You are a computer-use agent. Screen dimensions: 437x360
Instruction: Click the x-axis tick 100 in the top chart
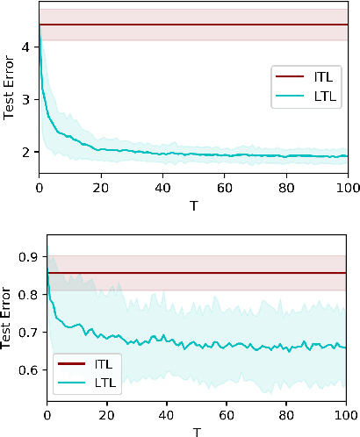pyautogui.click(x=348, y=187)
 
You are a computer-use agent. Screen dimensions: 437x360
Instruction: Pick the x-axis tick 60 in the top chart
pyautogui.click(x=225, y=187)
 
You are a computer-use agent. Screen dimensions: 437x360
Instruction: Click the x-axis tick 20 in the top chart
pyautogui.click(x=102, y=187)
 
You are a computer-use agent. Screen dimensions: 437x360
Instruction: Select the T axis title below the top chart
pyautogui.click(x=193, y=204)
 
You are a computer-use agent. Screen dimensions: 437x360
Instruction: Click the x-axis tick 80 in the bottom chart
pyautogui.click(x=288, y=413)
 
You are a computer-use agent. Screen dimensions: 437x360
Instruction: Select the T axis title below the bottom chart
pyautogui.click(x=198, y=430)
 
